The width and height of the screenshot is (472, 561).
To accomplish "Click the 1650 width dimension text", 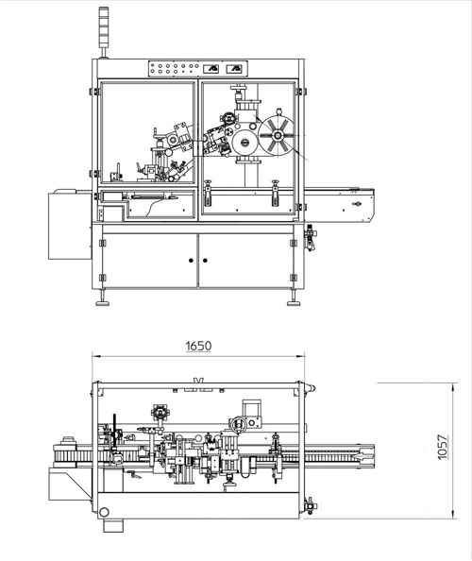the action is tap(199, 346).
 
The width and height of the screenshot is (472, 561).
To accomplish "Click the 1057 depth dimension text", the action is tap(443, 448).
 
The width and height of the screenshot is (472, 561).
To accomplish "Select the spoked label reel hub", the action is tap(278, 136).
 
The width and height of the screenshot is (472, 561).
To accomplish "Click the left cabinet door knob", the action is tap(191, 260).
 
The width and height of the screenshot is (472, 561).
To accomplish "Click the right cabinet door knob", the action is tap(205, 260).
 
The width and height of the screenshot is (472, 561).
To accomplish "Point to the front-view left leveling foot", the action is tap(103, 303).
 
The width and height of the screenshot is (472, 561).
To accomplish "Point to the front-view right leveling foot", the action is tap(294, 303).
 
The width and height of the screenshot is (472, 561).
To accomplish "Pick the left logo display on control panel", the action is tap(211, 68).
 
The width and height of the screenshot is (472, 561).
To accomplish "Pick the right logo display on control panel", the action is tap(234, 68).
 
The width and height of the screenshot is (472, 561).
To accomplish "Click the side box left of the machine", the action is tap(70, 226).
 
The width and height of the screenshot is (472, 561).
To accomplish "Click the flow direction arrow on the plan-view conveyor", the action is tap(361, 456).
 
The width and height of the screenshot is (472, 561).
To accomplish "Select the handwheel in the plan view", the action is tap(238, 425).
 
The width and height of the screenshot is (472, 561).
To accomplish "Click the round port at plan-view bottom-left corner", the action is tap(104, 512).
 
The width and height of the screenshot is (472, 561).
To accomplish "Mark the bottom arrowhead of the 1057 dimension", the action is tap(453, 515).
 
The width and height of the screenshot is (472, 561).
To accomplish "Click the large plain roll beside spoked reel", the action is tap(244, 143).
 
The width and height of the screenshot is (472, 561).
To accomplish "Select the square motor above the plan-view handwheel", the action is tap(252, 408).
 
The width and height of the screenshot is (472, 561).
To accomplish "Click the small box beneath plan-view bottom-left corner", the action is tap(113, 525).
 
